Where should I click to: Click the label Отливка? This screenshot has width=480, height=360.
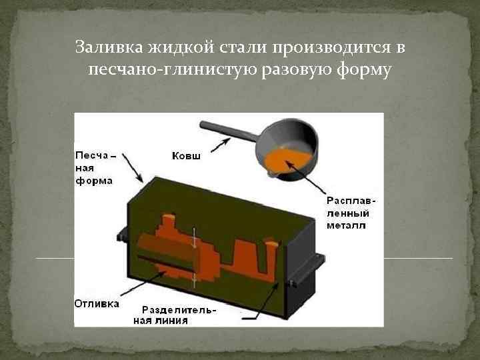[97, 303]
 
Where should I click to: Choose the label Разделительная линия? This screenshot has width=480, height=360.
[179, 315]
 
